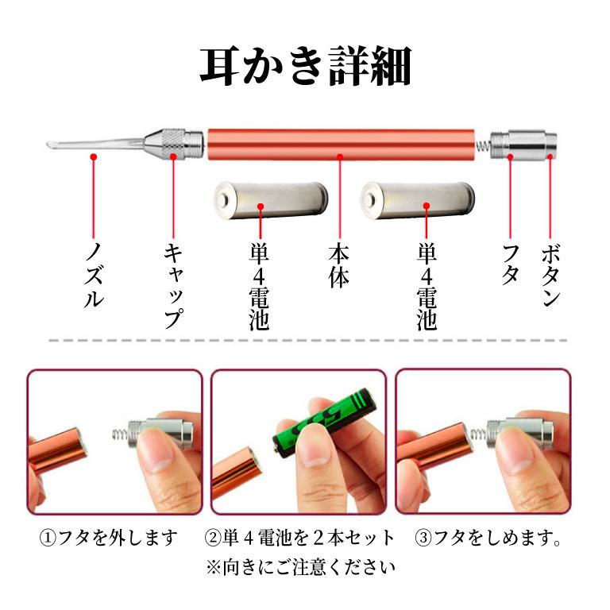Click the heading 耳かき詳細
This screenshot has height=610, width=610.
click(x=305, y=68)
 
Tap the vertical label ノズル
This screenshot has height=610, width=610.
click(x=94, y=274)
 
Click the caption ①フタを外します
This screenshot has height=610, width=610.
click(x=109, y=538)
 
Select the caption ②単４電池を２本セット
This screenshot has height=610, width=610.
click(x=299, y=538)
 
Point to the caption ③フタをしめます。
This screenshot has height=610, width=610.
click(x=488, y=538)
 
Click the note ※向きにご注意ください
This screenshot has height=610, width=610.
click(x=299, y=567)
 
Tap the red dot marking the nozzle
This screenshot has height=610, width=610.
click(x=94, y=158)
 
